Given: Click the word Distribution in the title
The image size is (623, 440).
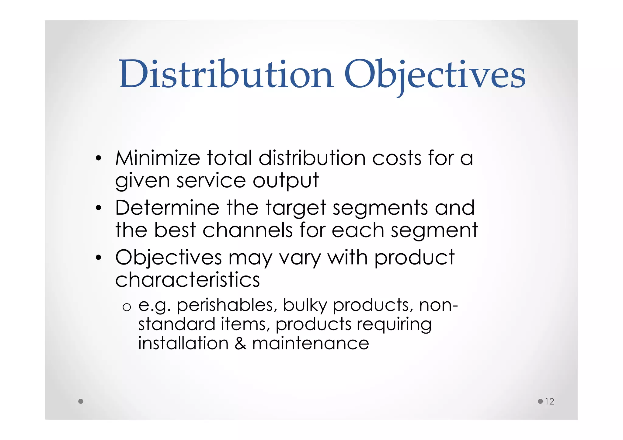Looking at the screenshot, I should click(x=226, y=74).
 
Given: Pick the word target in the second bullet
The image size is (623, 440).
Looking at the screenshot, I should click(x=296, y=209).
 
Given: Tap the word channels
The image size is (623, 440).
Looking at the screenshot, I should click(x=247, y=230).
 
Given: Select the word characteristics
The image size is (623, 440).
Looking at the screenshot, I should click(x=187, y=279).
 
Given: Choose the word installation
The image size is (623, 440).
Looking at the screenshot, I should click(x=183, y=343).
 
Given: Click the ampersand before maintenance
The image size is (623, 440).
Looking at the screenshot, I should click(x=240, y=343).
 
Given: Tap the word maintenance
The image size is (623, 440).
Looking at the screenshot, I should click(x=311, y=343).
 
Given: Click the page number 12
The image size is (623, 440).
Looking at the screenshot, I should click(x=549, y=401).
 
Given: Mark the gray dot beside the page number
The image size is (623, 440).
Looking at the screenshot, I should click(x=540, y=401).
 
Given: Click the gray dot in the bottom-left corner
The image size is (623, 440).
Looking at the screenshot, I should click(x=81, y=401).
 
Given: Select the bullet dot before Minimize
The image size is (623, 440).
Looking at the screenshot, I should click(x=98, y=159).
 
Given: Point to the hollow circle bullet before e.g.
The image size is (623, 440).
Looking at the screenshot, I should click(x=127, y=307).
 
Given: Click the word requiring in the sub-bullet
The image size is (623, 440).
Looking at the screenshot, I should click(x=394, y=324).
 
